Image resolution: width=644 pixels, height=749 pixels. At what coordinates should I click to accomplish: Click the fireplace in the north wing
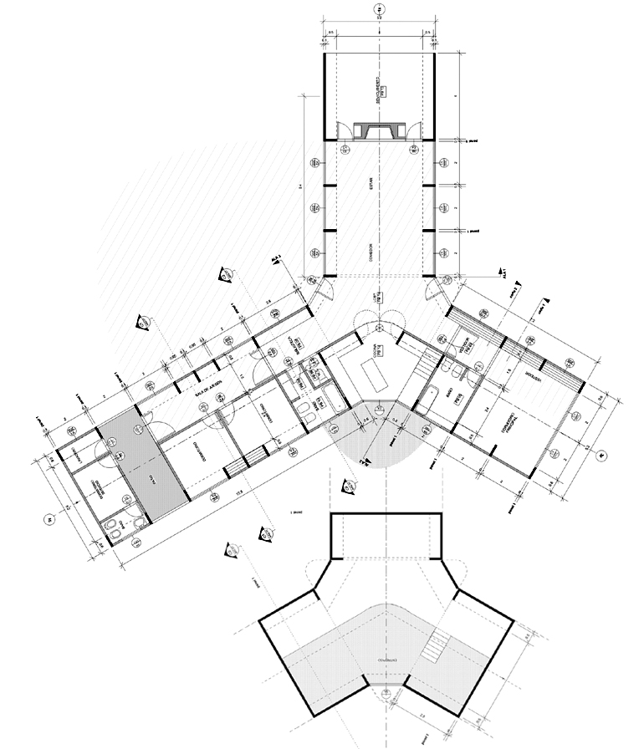point(379,130)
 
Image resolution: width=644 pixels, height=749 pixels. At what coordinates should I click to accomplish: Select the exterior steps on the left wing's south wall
point(241,461)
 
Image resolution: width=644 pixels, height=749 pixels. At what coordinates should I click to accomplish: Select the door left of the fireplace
point(342,127)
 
